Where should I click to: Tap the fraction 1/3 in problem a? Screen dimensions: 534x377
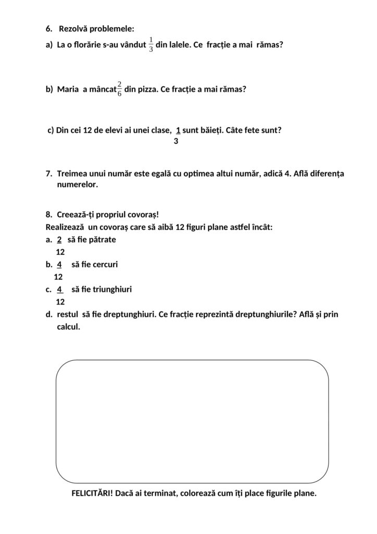click(x=152, y=45)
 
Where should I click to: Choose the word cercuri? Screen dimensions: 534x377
click(x=103, y=264)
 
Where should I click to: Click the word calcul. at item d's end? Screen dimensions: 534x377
click(x=69, y=327)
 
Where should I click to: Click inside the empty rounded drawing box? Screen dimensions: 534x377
click(x=192, y=421)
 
